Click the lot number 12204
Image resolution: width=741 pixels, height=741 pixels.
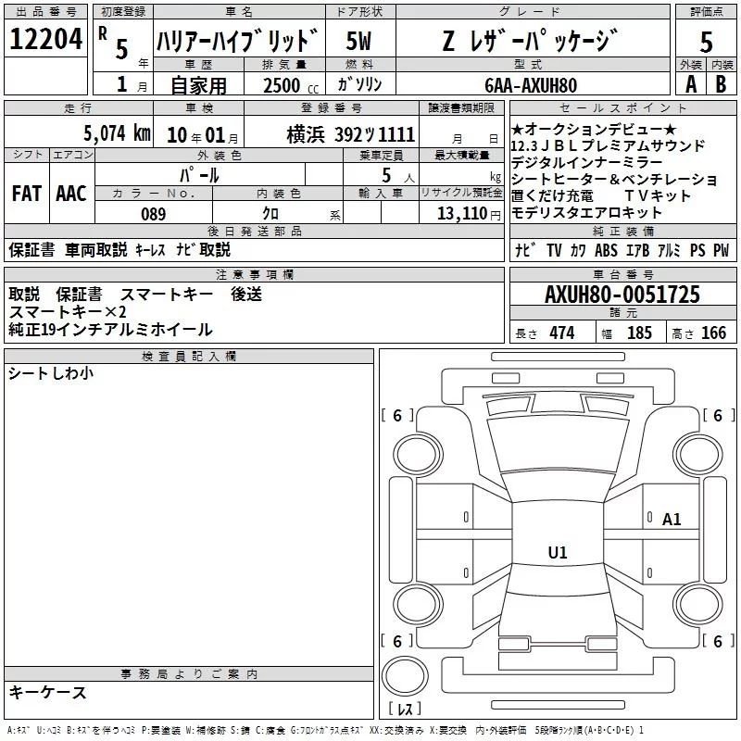[45, 41]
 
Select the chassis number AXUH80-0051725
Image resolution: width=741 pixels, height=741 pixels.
[622, 295]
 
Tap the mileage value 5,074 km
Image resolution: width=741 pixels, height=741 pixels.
[117, 133]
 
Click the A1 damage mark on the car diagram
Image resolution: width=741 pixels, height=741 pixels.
[672, 520]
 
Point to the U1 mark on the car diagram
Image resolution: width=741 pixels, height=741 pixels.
[557, 553]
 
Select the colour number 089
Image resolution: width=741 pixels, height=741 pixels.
[154, 214]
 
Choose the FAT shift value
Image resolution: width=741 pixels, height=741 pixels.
[26, 193]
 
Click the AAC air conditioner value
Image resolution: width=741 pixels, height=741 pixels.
[70, 193]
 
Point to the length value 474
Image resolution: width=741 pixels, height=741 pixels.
[560, 333]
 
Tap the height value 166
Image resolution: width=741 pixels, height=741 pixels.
[713, 333]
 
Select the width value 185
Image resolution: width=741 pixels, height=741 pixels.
[639, 333]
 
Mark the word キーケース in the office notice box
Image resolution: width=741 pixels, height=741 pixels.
[47, 692]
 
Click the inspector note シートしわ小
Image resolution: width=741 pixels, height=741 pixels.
[50, 373]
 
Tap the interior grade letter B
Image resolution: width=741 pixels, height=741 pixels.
[721, 84]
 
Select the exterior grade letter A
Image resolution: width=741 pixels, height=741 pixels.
[690, 84]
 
